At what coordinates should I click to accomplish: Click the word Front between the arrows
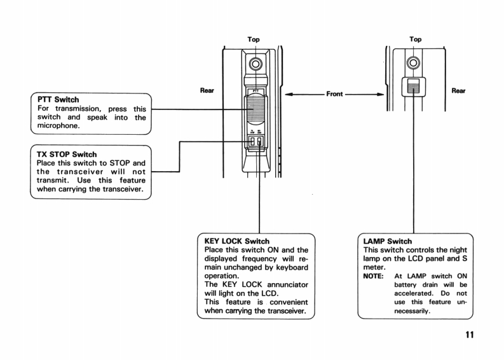(x=335, y=94)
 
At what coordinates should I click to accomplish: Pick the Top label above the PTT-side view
(x=253, y=39)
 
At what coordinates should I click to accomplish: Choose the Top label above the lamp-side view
(x=416, y=39)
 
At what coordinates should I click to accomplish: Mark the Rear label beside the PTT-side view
(x=207, y=90)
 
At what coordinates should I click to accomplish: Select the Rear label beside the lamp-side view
(x=458, y=90)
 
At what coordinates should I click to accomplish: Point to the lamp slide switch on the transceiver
(x=414, y=87)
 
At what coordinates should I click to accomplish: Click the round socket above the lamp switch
(x=416, y=62)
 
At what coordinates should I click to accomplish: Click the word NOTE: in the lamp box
(x=371, y=277)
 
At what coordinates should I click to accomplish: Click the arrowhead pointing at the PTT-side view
(x=287, y=94)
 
